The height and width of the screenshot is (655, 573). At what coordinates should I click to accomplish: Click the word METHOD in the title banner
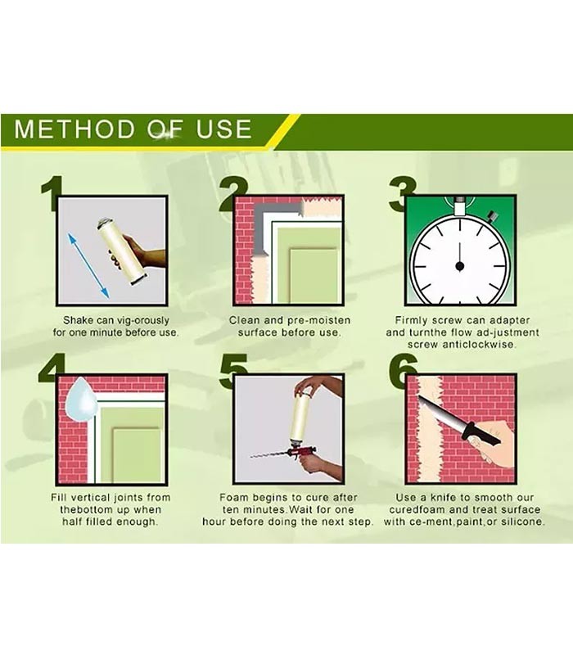(73, 129)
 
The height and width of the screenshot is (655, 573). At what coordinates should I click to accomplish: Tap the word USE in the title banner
(223, 129)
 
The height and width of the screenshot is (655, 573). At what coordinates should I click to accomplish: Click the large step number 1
(52, 193)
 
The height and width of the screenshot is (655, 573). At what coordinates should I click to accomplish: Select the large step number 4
(52, 368)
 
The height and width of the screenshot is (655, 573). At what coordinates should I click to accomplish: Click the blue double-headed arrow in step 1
(88, 265)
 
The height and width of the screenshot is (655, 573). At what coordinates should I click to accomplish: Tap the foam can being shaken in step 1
(121, 251)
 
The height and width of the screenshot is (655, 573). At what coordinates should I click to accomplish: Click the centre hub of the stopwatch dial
(460, 265)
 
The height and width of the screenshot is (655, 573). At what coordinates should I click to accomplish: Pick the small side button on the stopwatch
(493, 216)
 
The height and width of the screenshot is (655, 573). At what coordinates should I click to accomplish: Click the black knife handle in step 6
(481, 435)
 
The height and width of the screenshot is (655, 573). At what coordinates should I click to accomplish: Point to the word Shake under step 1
(78, 320)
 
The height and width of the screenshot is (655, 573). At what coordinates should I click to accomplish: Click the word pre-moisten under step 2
(318, 320)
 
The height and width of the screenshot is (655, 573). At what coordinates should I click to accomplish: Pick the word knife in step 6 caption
(444, 498)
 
